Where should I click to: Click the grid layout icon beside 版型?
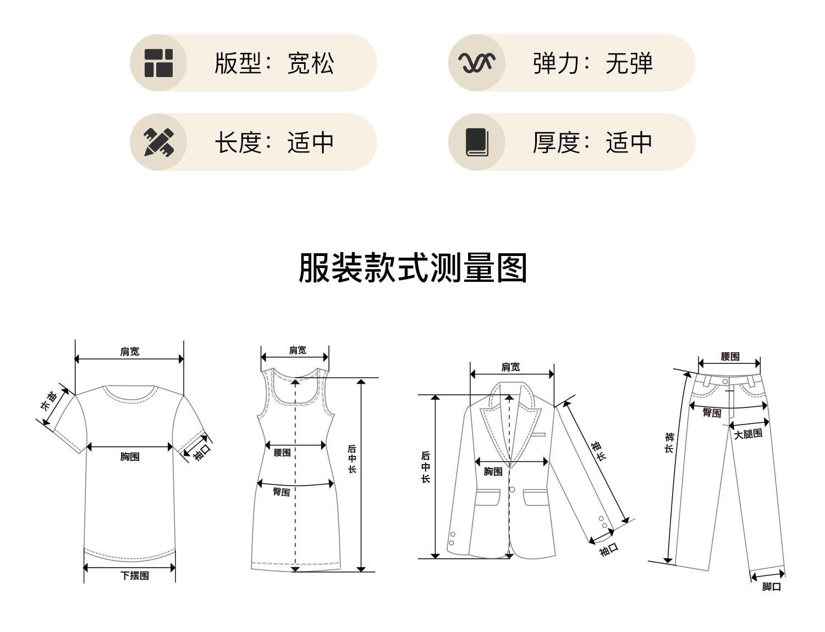pos(158,63)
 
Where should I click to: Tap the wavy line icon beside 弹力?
pos(477,63)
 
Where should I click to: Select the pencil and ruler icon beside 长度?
pos(158,142)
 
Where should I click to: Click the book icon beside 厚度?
pos(477,142)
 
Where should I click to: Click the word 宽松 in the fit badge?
pos(311,63)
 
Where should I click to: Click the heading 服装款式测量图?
pos(413,268)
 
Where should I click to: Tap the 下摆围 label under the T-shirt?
pos(135,576)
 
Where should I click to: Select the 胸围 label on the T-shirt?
pos(130,457)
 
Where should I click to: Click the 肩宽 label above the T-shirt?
pos(130,352)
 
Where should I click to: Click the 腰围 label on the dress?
pos(282,453)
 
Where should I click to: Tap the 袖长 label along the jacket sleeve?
pos(598,451)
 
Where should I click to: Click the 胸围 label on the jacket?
pos(493,472)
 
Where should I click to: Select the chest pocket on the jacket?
pos(538,435)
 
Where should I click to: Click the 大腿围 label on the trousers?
pos(748,434)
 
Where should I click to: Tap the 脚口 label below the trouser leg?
pos(772,587)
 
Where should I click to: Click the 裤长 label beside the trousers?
pos(669,443)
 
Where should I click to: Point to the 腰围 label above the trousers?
pos(730,357)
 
